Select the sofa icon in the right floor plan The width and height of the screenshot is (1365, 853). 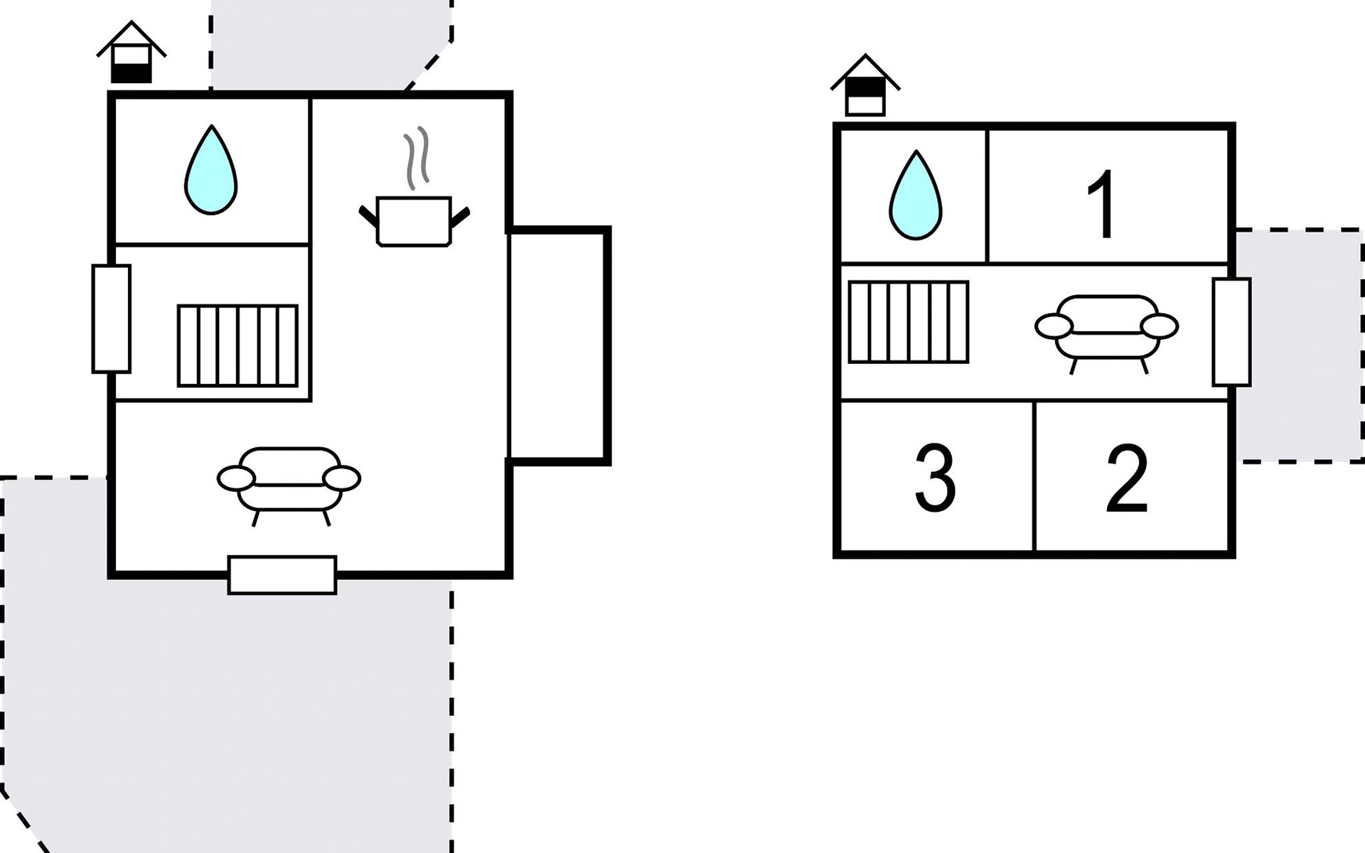[x=1106, y=329]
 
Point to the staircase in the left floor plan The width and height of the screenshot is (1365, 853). [x=237, y=346]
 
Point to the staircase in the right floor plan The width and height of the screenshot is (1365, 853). [x=909, y=322]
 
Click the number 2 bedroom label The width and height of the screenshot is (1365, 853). [x=1127, y=478]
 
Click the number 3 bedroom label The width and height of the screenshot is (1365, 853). [x=934, y=478]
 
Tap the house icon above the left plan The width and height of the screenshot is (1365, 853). [x=132, y=54]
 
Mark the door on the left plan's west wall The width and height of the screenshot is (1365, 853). [x=112, y=318]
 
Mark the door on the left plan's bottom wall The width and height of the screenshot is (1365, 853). [x=282, y=575]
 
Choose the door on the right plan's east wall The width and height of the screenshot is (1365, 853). [x=1231, y=332]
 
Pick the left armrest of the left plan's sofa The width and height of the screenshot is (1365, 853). [x=236, y=479]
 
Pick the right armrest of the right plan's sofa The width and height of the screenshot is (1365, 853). [x=1159, y=326]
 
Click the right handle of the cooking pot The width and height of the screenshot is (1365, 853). [x=460, y=217]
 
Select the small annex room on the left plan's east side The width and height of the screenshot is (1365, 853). [x=558, y=346]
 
